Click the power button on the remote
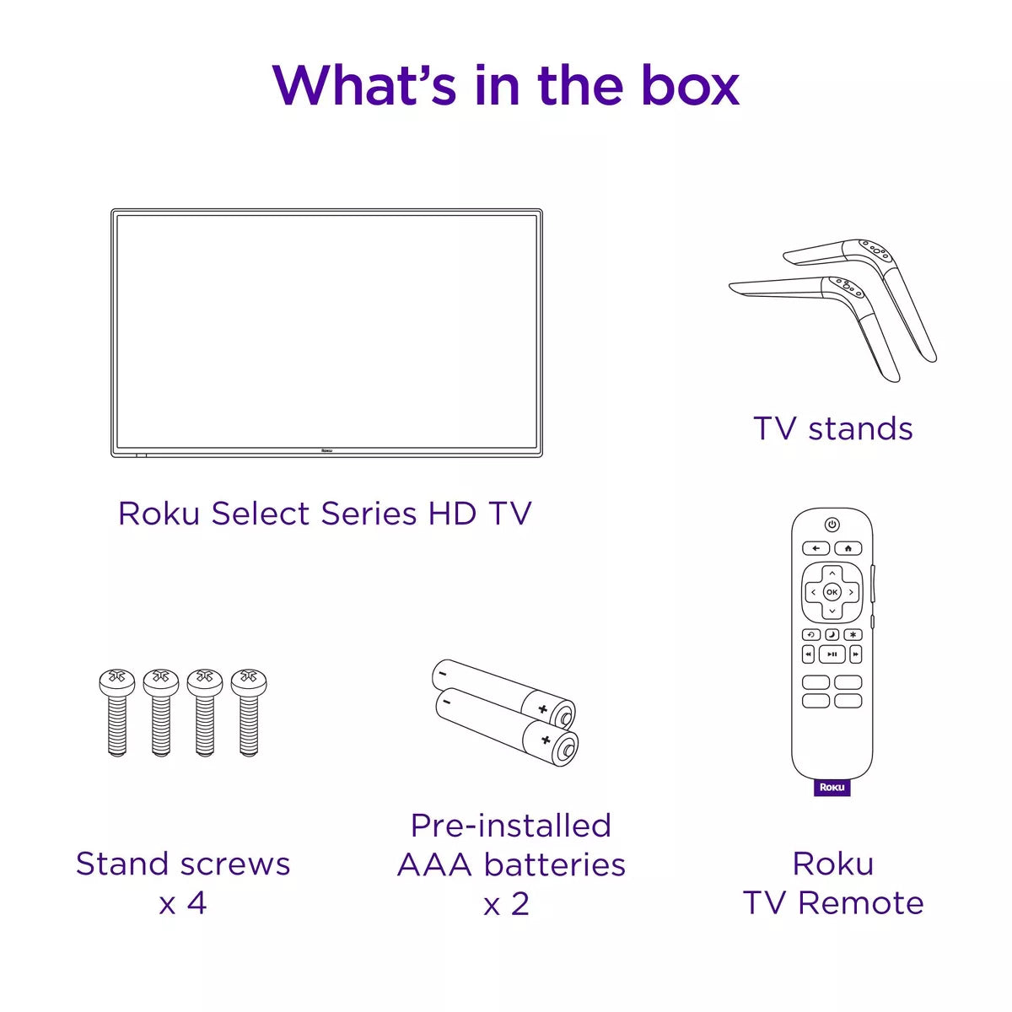[x=832, y=525]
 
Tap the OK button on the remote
[x=832, y=592]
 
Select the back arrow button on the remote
[x=816, y=548]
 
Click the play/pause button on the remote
[x=832, y=654]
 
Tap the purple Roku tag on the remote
[x=832, y=788]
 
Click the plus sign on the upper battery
[x=543, y=709]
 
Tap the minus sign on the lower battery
[x=447, y=701]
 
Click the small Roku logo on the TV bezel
[x=327, y=451]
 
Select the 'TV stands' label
[x=833, y=428]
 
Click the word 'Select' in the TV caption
[x=250, y=514]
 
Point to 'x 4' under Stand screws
[x=182, y=903]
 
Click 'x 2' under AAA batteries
[x=506, y=904]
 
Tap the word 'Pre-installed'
[x=510, y=825]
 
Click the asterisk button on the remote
[x=853, y=634]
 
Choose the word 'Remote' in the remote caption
[x=860, y=903]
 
